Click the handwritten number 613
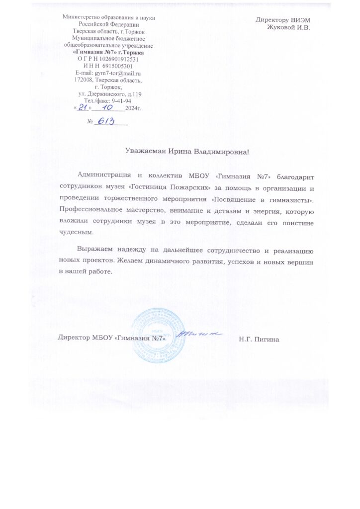[106, 121]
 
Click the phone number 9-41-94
[120, 101]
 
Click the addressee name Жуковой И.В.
[288, 27]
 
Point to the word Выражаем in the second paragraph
[95, 250]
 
